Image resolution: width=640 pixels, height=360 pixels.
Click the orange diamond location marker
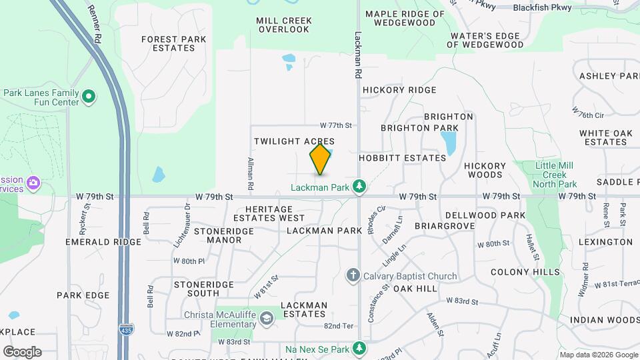click(x=321, y=159)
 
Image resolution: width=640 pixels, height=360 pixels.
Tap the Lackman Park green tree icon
click(x=360, y=185)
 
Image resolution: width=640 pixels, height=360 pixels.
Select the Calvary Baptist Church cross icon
click(x=354, y=275)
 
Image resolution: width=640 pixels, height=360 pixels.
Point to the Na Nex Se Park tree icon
click(x=359, y=349)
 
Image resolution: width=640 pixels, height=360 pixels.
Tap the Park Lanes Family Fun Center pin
click(x=89, y=97)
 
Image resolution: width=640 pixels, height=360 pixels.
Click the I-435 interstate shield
click(x=125, y=329)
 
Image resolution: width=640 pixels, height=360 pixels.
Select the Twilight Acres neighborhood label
click(x=294, y=142)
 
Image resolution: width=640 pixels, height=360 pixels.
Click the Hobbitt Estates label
click(x=402, y=158)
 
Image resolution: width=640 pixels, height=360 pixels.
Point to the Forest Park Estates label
click(x=173, y=43)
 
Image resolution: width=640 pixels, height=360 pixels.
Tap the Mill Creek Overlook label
click(x=284, y=25)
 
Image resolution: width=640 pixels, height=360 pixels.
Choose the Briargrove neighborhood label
click(x=445, y=226)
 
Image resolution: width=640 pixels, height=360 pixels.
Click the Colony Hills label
click(x=525, y=272)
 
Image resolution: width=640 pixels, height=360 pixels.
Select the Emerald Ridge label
click(x=103, y=242)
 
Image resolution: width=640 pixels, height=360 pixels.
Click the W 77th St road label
click(x=335, y=125)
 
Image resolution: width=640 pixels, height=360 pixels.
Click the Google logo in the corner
click(x=22, y=351)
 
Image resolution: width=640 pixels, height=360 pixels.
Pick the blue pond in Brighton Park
click(x=448, y=142)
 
